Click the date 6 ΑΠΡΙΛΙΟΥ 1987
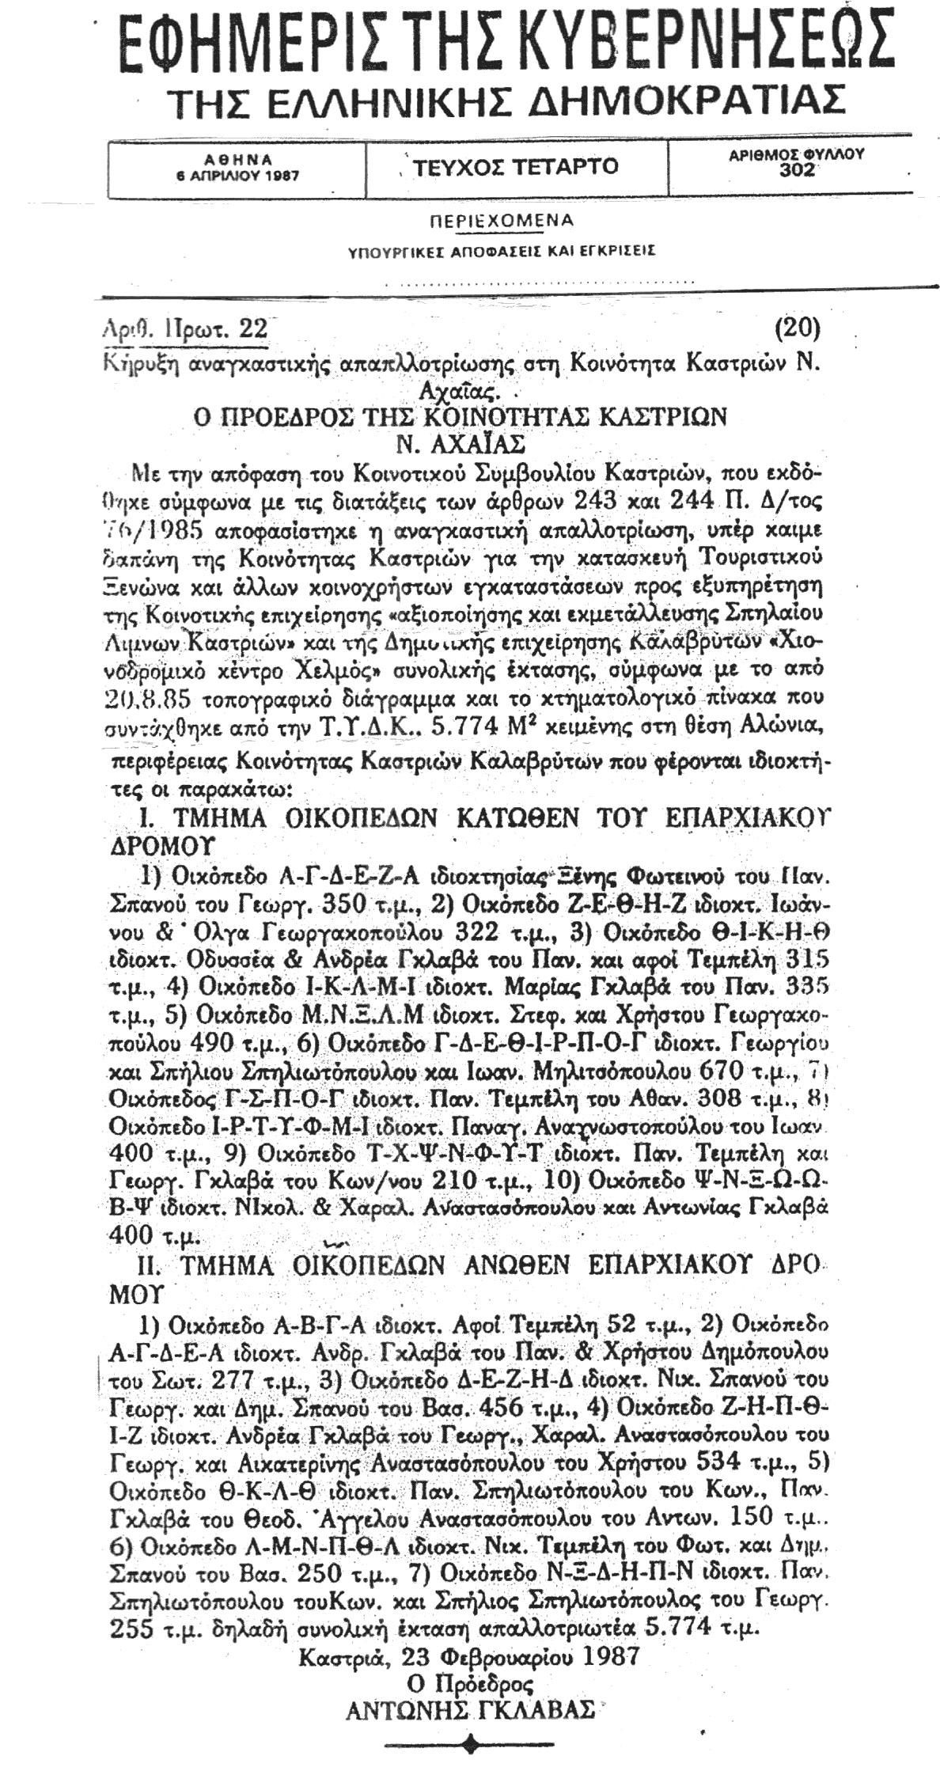(x=237, y=176)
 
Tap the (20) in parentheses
(x=797, y=327)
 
